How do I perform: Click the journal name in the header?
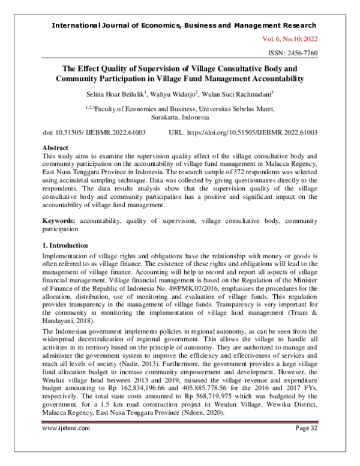click(184, 25)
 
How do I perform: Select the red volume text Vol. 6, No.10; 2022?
click(289, 39)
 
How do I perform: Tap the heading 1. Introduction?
click(67, 246)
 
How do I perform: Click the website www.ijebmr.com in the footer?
click(66, 445)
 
